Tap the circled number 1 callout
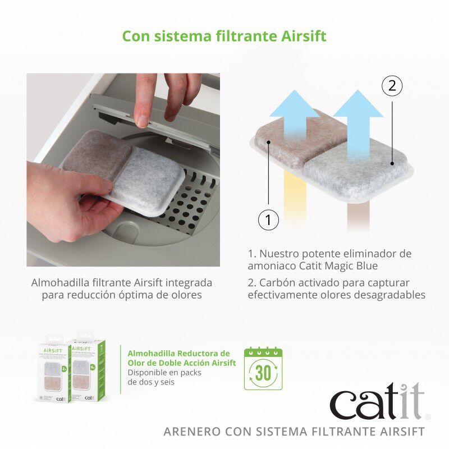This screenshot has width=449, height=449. [268, 220]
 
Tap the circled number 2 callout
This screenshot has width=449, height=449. [392, 86]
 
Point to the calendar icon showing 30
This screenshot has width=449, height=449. [263, 369]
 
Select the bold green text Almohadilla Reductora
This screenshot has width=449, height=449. [178, 353]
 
